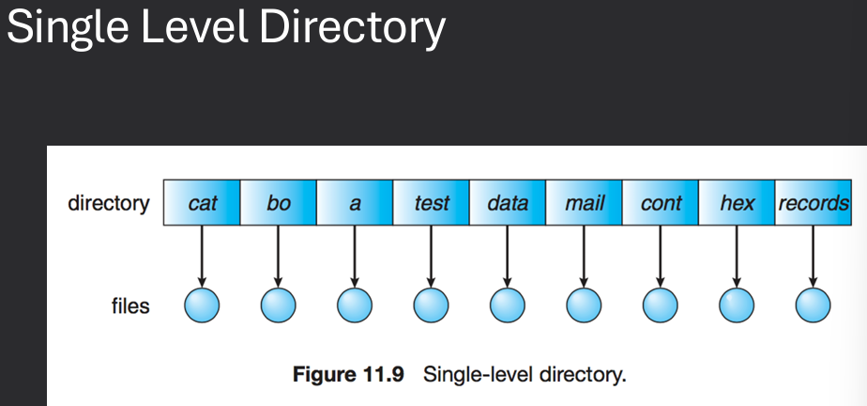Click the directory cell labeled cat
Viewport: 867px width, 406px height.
203,203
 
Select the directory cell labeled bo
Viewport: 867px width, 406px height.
279,203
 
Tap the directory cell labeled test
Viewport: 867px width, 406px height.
432,203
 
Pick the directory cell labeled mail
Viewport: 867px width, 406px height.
585,203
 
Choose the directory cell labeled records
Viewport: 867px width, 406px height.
813,203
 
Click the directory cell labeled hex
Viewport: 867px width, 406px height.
737,203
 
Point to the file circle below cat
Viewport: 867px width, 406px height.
202,304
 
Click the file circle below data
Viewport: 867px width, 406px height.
508,304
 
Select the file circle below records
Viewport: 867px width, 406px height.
813,304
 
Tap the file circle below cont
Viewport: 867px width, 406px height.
661,304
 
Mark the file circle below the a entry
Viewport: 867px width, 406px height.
355,304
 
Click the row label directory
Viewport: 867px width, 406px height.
108,203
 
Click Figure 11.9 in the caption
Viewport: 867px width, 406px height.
348,375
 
